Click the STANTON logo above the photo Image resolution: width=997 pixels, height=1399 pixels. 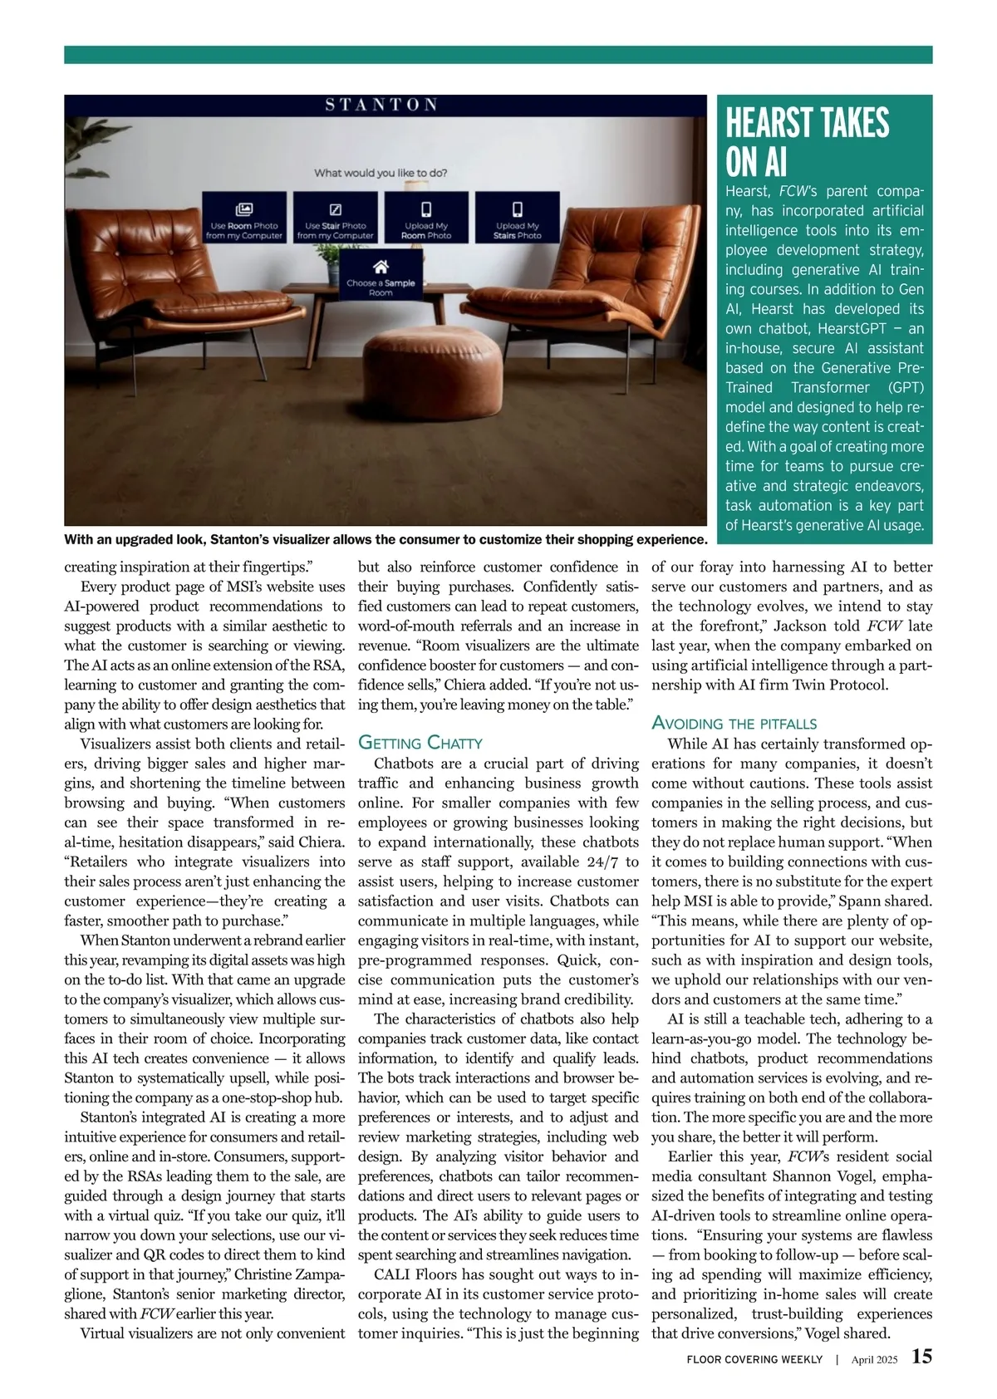click(x=381, y=105)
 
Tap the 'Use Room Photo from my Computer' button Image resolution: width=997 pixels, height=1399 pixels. click(x=244, y=218)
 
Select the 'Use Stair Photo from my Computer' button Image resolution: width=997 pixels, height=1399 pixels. click(x=336, y=218)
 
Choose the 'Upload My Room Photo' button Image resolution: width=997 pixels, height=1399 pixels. click(x=426, y=218)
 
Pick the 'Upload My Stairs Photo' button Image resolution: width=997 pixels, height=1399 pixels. click(x=517, y=218)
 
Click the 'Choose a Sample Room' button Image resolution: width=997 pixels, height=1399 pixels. click(x=381, y=277)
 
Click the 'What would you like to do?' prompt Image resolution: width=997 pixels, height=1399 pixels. click(x=381, y=173)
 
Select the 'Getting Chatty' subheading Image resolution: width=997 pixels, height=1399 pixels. click(x=420, y=743)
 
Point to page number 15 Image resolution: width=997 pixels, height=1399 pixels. click(x=921, y=1357)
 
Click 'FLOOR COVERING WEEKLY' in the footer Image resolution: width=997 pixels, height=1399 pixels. click(x=754, y=1360)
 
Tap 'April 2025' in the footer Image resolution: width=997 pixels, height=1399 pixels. click(x=874, y=1360)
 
